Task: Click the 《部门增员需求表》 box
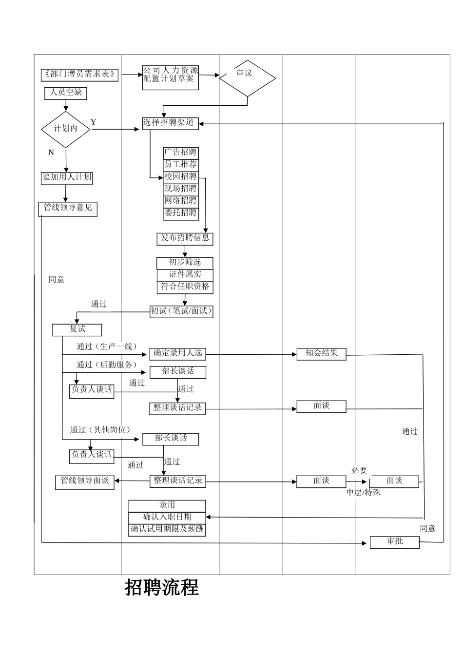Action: pos(80,75)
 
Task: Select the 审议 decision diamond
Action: pos(248,78)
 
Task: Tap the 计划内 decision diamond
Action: pos(66,129)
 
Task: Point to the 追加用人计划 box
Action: pos(67,177)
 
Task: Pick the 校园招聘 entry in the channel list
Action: pos(180,176)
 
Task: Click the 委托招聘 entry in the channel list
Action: pos(180,213)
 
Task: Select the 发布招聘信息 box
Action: pos(185,239)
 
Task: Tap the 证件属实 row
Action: pos(185,275)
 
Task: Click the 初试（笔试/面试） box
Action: pos(181,311)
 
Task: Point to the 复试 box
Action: pos(77,330)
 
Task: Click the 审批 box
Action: pos(394,542)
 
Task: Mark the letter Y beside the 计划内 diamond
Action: pos(93,122)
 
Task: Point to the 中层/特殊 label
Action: pos(363,493)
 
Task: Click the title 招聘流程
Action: pos(162,588)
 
